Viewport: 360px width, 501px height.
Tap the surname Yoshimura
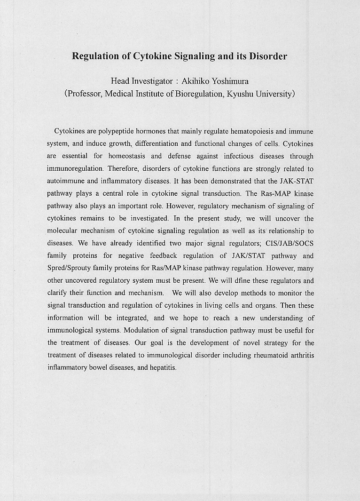230,81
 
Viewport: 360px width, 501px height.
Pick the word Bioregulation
199,93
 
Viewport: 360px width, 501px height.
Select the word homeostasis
125,156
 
